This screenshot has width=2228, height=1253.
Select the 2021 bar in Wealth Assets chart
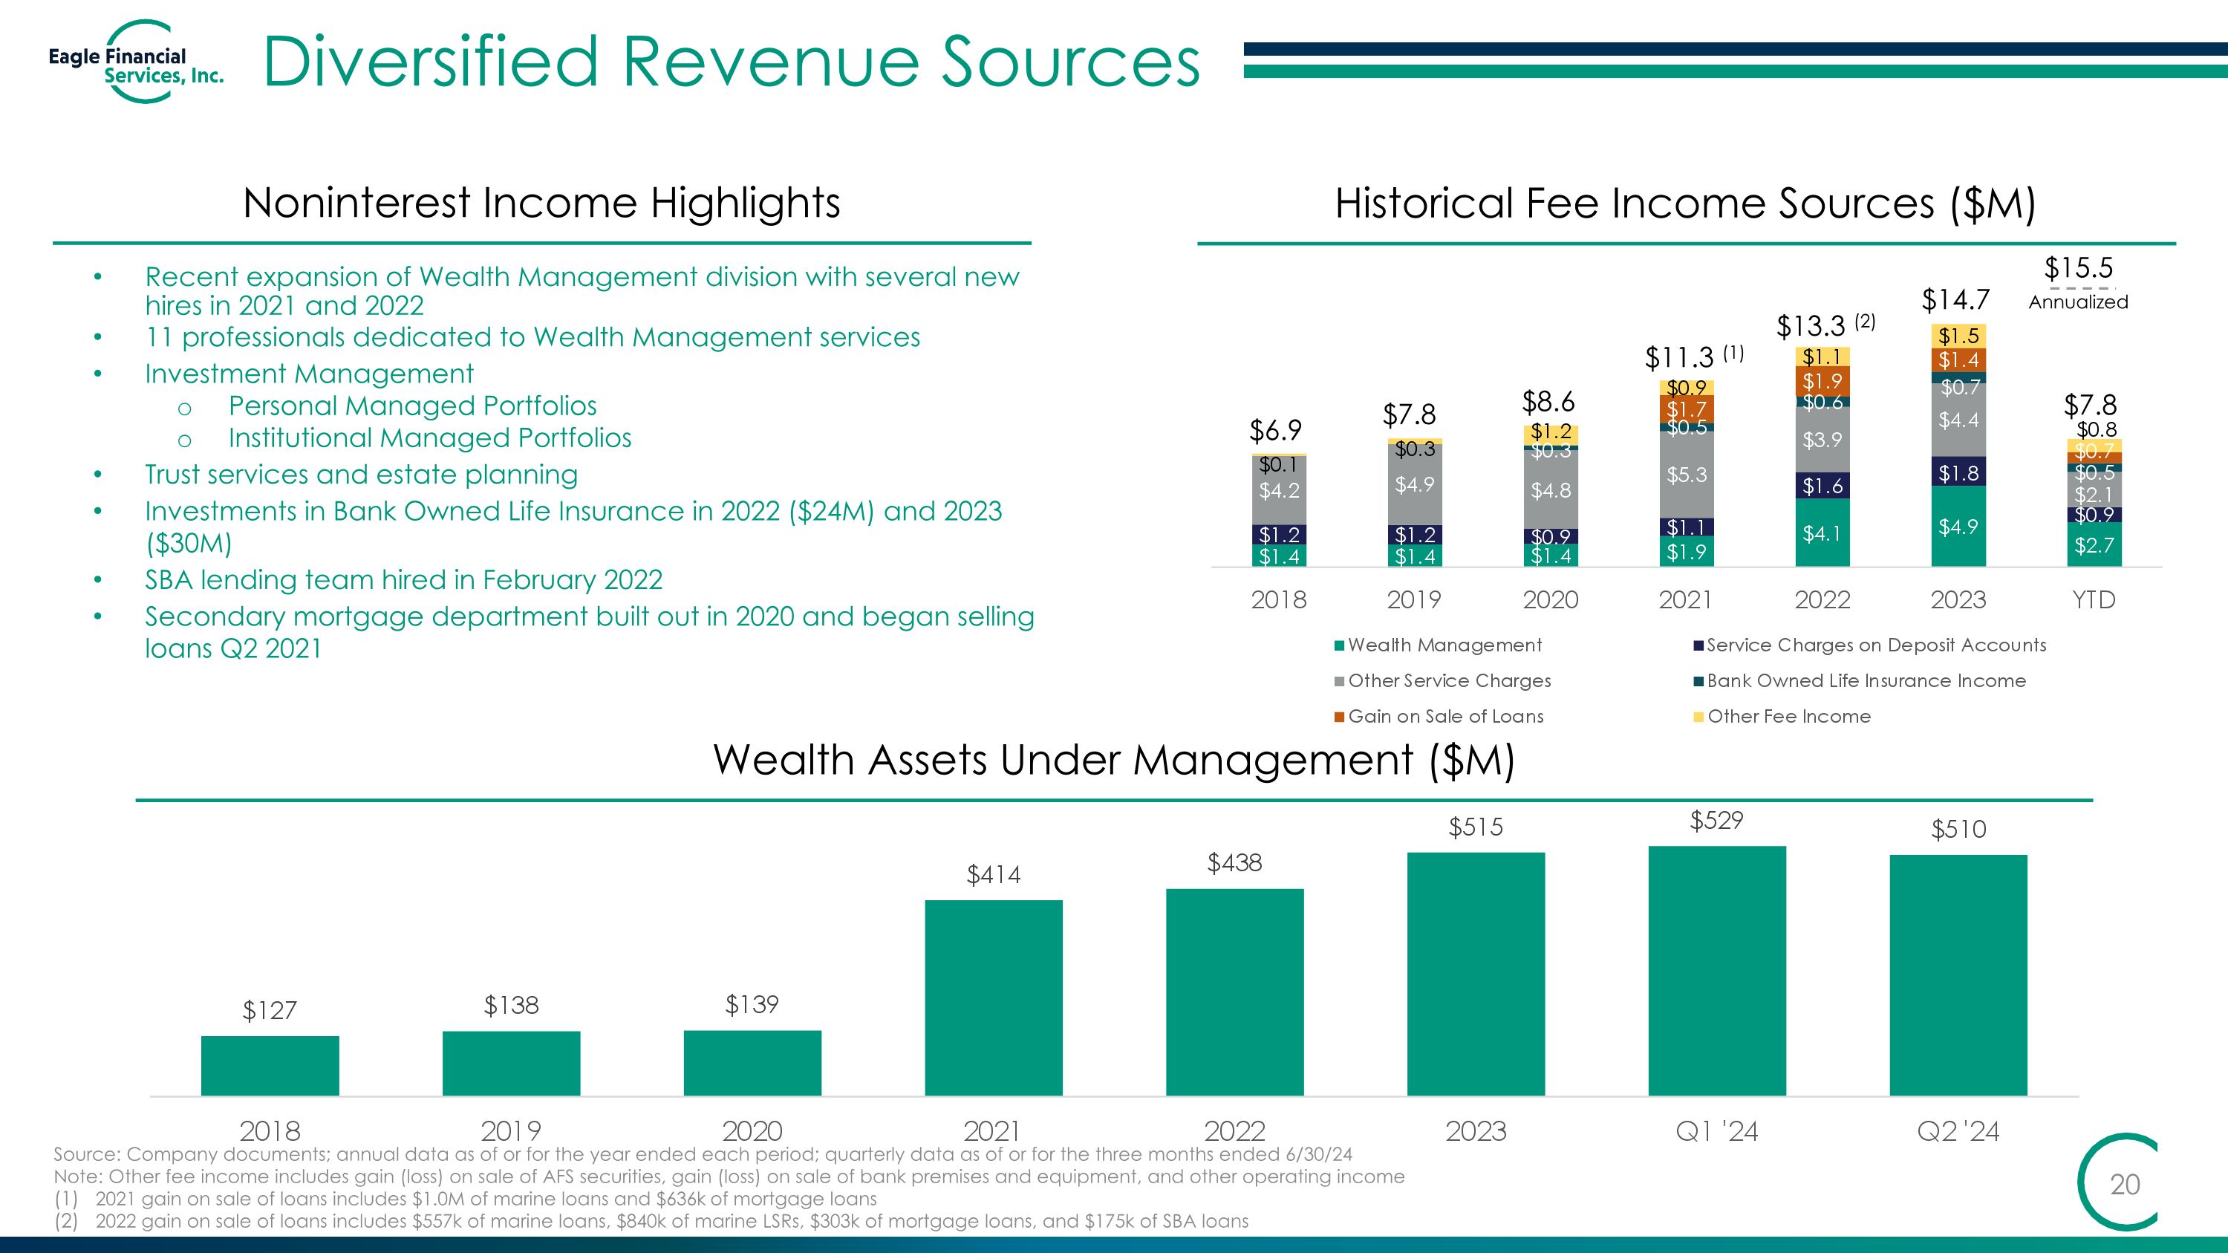pyautogui.click(x=994, y=998)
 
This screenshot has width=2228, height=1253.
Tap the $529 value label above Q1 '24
pyautogui.click(x=1717, y=820)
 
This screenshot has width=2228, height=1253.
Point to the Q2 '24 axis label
pyautogui.click(x=1958, y=1131)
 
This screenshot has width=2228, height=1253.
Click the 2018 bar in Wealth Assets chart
pyautogui.click(x=270, y=1067)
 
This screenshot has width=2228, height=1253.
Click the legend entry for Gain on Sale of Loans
pyautogui.click(x=1439, y=716)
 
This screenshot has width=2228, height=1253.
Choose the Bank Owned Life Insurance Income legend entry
pyautogui.click(x=1860, y=680)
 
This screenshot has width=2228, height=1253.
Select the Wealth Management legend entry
pyautogui.click(x=1439, y=645)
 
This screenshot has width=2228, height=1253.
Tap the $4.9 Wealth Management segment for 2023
pyautogui.click(x=1958, y=526)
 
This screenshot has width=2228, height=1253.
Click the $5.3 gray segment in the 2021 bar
pyautogui.click(x=1687, y=475)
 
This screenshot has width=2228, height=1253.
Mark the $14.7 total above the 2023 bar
pyautogui.click(x=1955, y=300)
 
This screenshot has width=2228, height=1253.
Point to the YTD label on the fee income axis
pyautogui.click(x=2094, y=599)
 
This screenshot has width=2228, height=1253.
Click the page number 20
pyautogui.click(x=2125, y=1184)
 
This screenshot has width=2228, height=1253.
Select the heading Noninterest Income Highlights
pyautogui.click(x=541, y=204)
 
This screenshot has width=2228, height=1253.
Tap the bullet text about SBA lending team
pyautogui.click(x=404, y=579)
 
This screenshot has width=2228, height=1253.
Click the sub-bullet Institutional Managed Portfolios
pyautogui.click(x=430, y=437)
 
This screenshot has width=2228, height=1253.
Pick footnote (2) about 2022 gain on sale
pyautogui.click(x=651, y=1221)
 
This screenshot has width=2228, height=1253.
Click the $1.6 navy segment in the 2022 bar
pyautogui.click(x=1823, y=486)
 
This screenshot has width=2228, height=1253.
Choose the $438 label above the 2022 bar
pyautogui.click(x=1234, y=862)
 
